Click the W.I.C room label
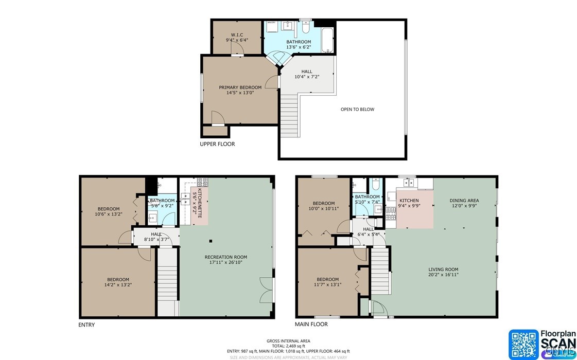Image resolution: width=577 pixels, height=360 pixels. (237, 34)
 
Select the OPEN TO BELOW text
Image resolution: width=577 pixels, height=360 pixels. (357, 110)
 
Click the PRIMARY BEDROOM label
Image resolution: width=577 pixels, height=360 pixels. (240, 87)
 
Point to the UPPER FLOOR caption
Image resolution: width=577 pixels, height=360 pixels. (217, 144)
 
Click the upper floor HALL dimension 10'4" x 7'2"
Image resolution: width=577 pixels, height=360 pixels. (307, 77)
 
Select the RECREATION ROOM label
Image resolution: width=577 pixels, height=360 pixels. (225, 257)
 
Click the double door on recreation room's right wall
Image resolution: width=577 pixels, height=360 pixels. (266, 290)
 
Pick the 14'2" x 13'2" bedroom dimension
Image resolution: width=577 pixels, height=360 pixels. (118, 285)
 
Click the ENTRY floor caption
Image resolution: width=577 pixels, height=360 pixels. (86, 325)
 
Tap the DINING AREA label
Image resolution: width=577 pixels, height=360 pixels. (464, 201)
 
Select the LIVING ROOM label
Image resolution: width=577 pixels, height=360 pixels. (443, 269)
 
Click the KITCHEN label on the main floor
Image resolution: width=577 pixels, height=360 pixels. (409, 201)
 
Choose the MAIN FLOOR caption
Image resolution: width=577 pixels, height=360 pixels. (311, 324)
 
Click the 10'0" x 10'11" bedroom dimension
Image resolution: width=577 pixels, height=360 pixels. (324, 209)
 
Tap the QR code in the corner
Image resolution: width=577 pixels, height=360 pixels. (523, 344)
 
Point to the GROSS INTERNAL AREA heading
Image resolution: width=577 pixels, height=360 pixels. (288, 341)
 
